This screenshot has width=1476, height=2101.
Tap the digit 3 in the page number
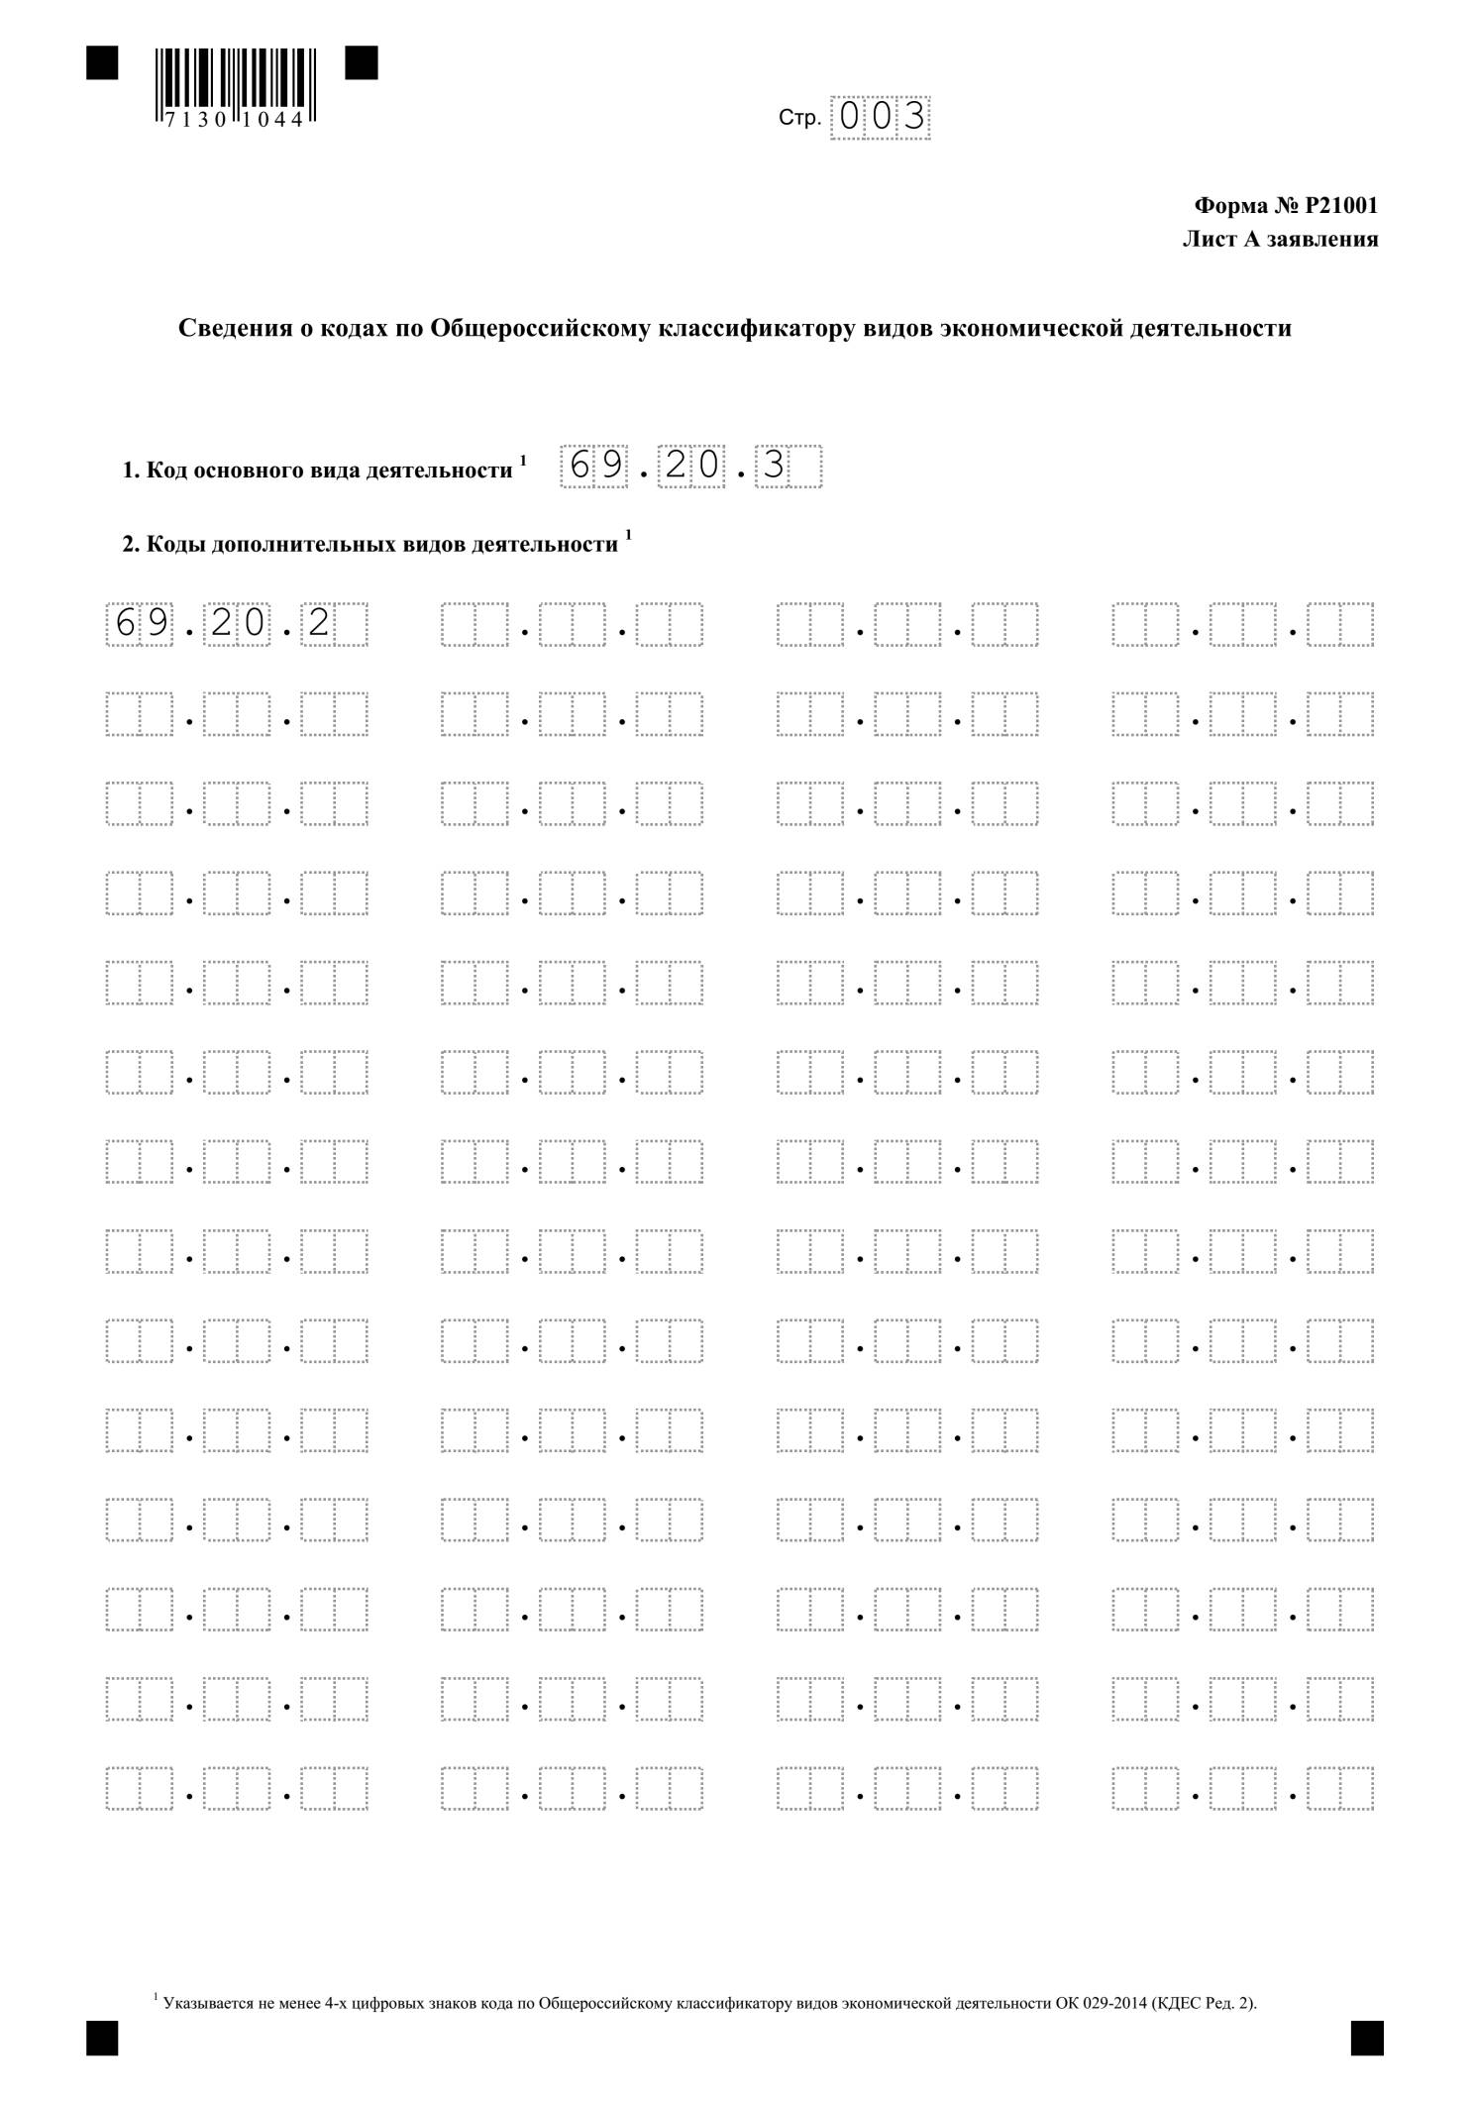(913, 117)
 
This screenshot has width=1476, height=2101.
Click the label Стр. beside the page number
(799, 119)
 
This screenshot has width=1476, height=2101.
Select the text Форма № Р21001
(1286, 206)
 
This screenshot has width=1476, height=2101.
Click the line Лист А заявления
(1280, 239)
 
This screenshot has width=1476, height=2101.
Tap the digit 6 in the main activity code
(580, 466)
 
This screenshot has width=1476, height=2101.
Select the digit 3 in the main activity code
(773, 466)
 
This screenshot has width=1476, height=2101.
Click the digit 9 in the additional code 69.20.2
(156, 623)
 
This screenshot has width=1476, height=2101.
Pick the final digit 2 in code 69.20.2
(318, 623)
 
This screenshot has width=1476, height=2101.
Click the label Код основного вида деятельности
(329, 471)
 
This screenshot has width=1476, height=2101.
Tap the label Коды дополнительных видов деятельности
(381, 545)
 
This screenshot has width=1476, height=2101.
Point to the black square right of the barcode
(362, 63)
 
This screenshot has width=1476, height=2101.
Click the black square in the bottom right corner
(1366, 2040)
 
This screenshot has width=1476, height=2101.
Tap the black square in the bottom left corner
(102, 2040)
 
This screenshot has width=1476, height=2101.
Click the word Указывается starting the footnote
(199, 2004)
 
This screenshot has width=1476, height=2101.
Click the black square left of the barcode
(102, 63)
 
